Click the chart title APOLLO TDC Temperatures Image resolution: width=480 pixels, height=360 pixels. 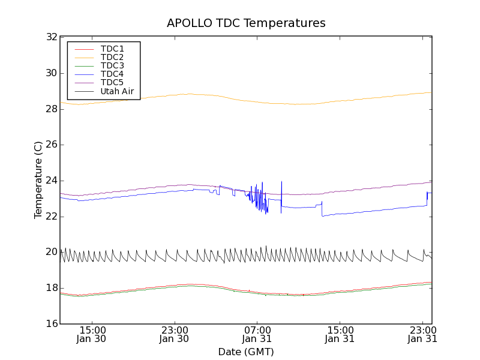point(246,23)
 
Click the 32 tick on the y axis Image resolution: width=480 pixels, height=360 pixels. point(51,37)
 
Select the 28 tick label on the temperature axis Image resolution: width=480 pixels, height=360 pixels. point(51,109)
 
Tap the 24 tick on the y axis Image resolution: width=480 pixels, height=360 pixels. point(51,181)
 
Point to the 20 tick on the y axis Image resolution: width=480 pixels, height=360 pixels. point(51,252)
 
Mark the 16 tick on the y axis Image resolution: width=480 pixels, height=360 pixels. point(51,324)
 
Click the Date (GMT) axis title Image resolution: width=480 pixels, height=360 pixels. point(246,352)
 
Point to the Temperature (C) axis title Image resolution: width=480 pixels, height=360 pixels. point(38,180)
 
